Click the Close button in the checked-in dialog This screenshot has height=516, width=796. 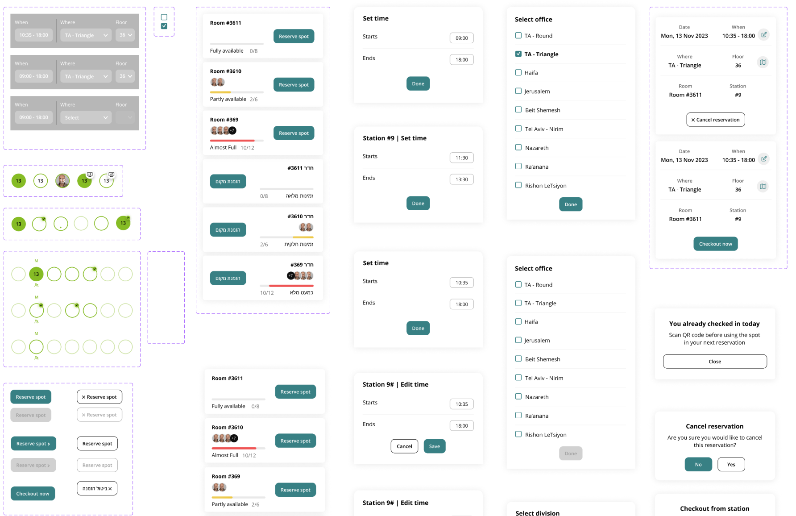click(x=715, y=362)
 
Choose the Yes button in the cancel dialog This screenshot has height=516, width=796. click(x=731, y=464)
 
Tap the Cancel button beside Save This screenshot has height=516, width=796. click(x=404, y=446)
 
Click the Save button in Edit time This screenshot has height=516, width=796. click(x=434, y=446)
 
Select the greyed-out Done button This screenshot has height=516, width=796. click(x=570, y=454)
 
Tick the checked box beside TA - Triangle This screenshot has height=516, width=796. click(x=518, y=54)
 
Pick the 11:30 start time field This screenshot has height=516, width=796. click(x=461, y=158)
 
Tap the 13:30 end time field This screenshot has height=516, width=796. click(x=461, y=179)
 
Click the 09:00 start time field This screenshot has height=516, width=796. click(x=461, y=38)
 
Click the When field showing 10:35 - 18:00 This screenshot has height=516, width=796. click(x=33, y=35)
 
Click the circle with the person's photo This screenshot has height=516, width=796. click(x=62, y=181)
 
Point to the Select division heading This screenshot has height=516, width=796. click(x=537, y=513)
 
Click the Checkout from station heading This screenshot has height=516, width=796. click(x=714, y=508)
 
